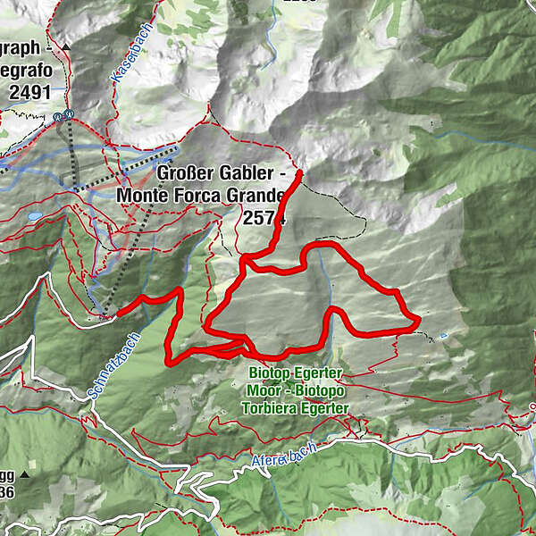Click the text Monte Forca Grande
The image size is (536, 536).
click(201, 195)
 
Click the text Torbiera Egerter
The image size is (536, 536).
click(296, 407)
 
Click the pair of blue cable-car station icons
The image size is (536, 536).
click(62, 115)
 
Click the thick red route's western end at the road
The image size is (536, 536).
click(118, 312)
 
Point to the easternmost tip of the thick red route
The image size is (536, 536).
click(418, 320)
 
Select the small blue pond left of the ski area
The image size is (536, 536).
click(34, 216)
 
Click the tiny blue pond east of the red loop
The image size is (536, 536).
click(444, 337)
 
